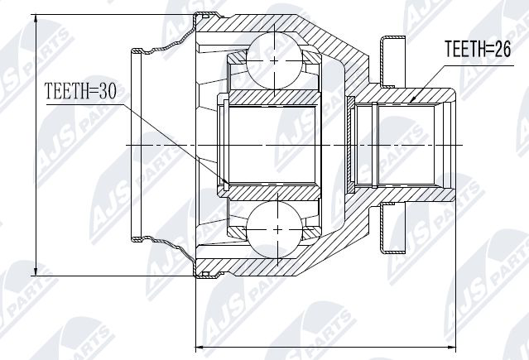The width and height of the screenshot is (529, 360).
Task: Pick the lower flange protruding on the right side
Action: (x=390, y=228)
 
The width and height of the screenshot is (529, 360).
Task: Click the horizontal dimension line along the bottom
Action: (x=323, y=345)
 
